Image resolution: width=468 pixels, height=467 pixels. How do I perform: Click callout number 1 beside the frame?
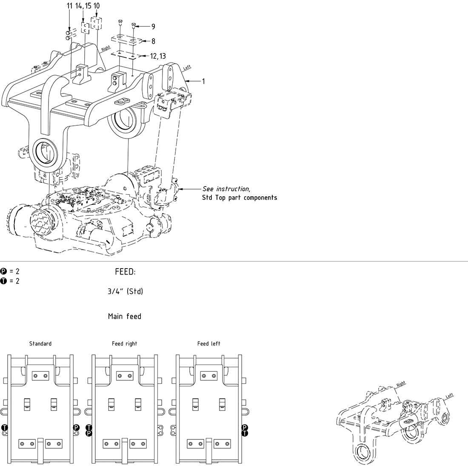click(x=203, y=81)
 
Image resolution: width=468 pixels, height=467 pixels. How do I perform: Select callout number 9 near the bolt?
click(x=153, y=26)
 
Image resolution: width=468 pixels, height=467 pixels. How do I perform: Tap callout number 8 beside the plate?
click(x=153, y=41)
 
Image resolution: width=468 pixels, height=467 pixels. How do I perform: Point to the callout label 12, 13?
click(x=158, y=56)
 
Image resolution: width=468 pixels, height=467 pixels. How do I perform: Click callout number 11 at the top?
click(x=69, y=6)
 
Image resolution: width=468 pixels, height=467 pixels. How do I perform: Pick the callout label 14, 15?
click(x=83, y=6)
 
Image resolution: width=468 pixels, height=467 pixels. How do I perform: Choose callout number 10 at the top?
click(x=97, y=6)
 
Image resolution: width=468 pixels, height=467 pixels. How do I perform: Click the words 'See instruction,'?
click(x=226, y=189)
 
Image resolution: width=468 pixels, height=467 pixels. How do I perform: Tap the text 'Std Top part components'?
click(x=240, y=198)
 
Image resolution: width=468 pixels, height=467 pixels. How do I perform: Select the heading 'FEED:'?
click(x=125, y=272)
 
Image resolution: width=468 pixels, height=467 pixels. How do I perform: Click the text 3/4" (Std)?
click(x=126, y=292)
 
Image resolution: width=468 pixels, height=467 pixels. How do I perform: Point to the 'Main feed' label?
click(x=125, y=317)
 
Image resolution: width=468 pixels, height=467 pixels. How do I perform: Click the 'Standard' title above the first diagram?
click(x=40, y=343)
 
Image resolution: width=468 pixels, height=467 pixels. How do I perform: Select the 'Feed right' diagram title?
click(x=125, y=343)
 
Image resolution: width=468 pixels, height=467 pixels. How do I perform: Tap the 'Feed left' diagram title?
click(x=209, y=343)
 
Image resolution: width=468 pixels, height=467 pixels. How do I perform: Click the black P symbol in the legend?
click(x=3, y=271)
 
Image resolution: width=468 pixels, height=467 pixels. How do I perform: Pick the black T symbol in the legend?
click(x=3, y=281)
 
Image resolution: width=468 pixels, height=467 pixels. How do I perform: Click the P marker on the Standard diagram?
click(x=76, y=427)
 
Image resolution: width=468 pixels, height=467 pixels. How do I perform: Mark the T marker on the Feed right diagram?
click(x=89, y=427)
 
